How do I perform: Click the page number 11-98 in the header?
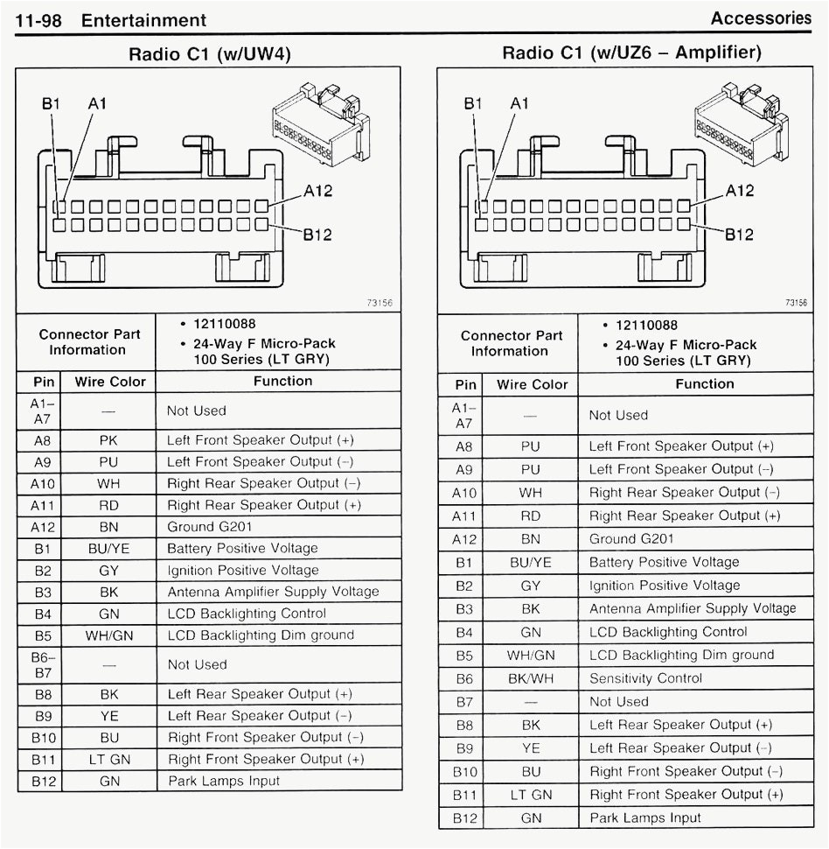(38, 20)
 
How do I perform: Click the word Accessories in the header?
(760, 18)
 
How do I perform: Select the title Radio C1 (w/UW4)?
(209, 54)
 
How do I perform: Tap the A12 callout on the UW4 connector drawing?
(317, 191)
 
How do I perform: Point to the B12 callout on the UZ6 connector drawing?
(740, 234)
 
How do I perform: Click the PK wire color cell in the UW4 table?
(109, 440)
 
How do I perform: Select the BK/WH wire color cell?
(531, 678)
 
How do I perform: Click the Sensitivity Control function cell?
(645, 678)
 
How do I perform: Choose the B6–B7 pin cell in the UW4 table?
(43, 664)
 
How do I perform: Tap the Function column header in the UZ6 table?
(704, 383)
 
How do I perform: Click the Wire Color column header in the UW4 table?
(110, 382)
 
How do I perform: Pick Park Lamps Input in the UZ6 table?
(644, 817)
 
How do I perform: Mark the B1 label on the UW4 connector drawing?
(52, 103)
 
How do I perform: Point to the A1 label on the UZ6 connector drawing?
(519, 103)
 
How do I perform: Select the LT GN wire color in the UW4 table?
(109, 759)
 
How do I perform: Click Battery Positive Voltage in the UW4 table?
(242, 548)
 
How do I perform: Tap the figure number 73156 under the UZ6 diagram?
(796, 303)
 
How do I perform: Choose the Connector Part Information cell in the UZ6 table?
(512, 343)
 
